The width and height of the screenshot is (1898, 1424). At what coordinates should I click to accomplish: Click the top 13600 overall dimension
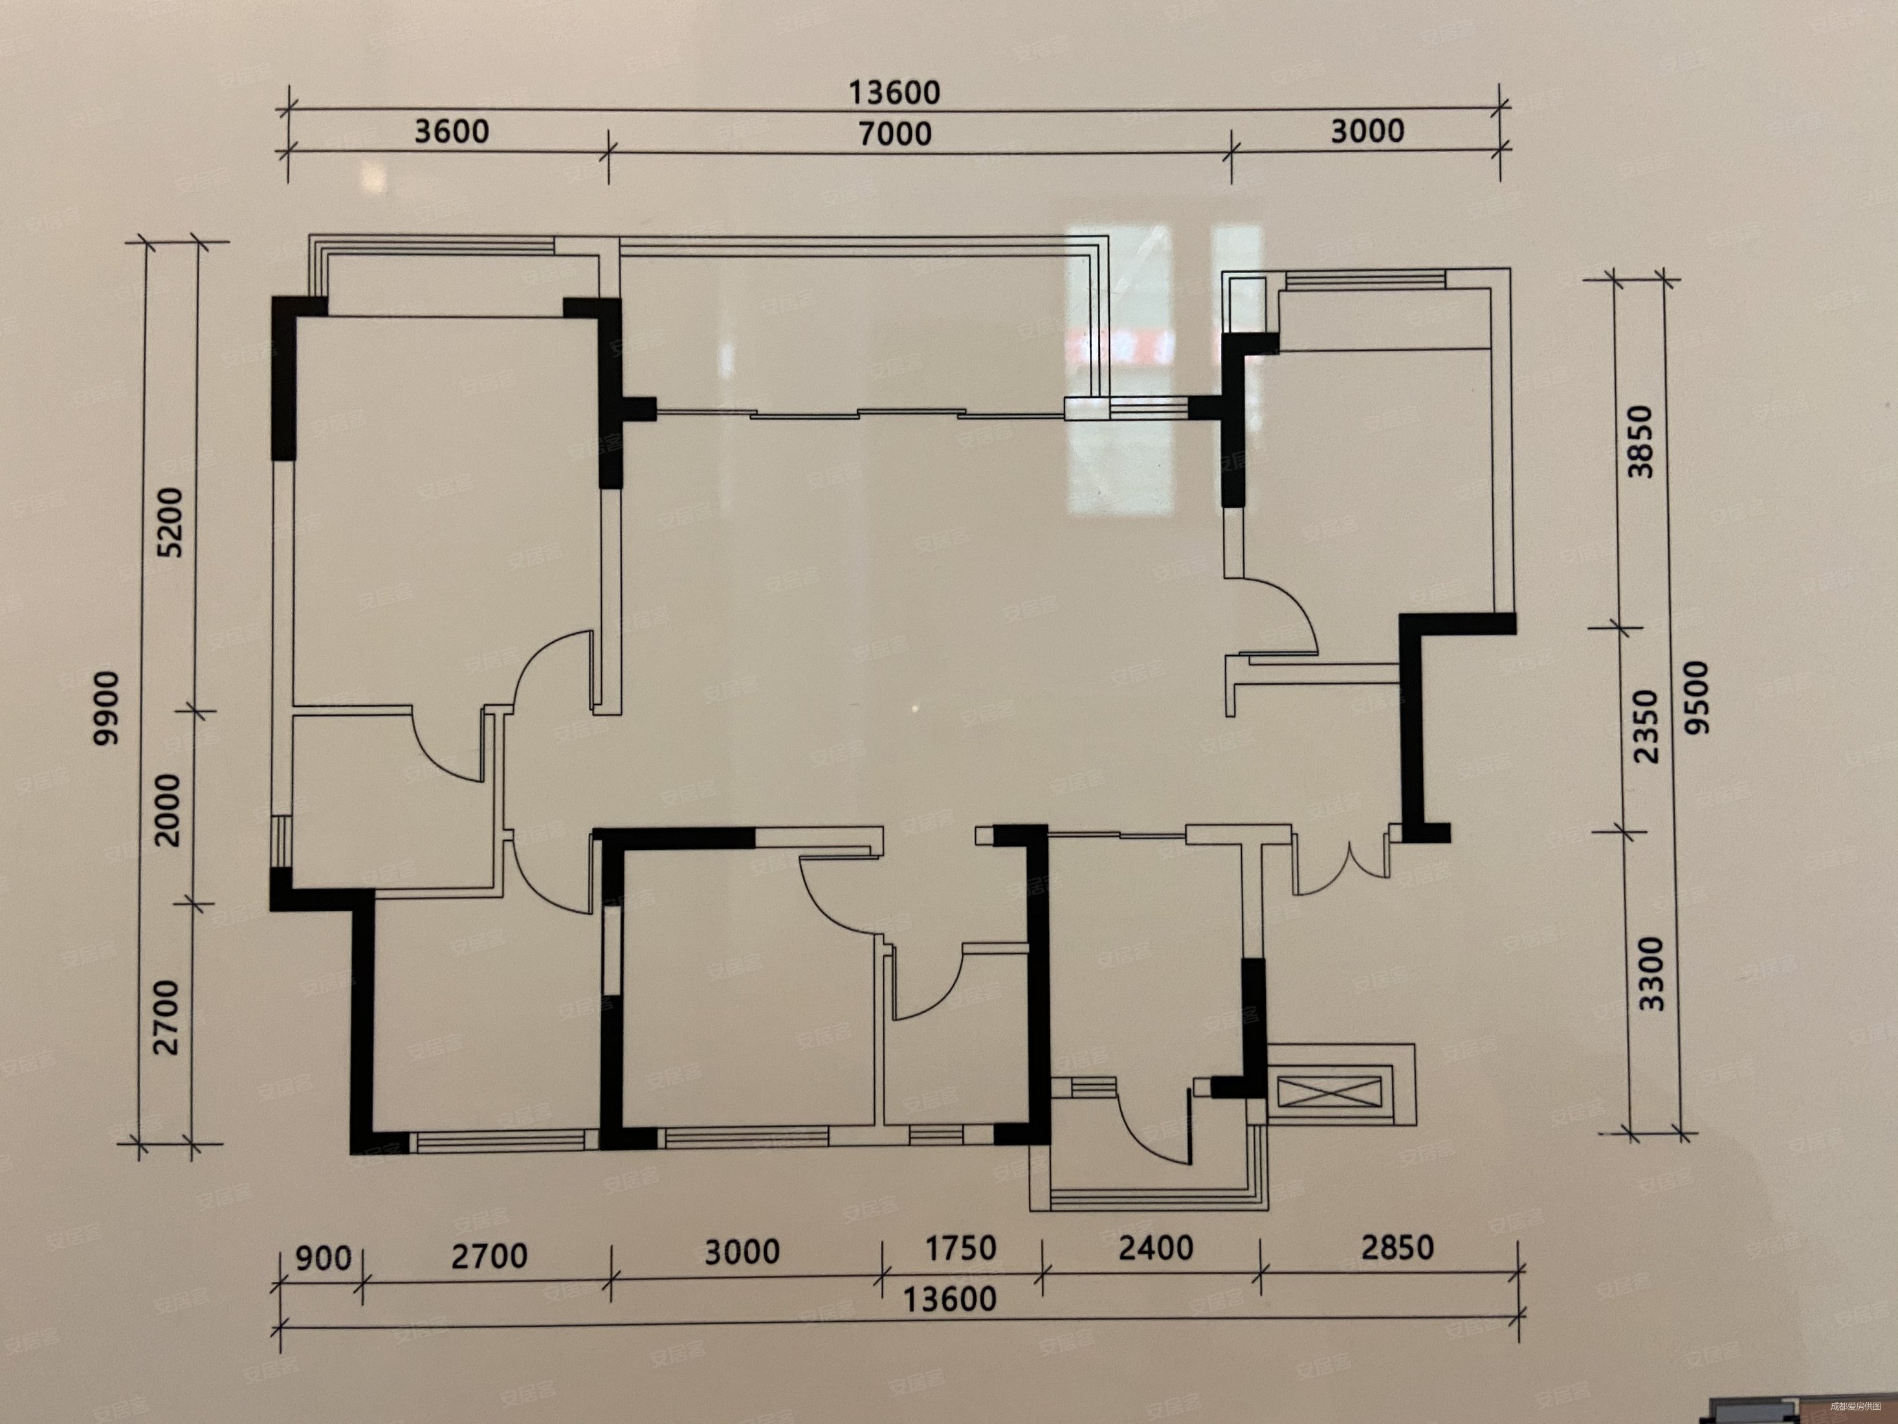pyautogui.click(x=894, y=93)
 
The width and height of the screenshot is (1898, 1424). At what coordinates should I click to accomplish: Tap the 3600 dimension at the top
pyautogui.click(x=451, y=131)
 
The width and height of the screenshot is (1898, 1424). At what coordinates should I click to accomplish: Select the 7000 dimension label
pyautogui.click(x=894, y=133)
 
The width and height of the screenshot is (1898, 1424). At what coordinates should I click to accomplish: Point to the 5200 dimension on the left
pyautogui.click(x=171, y=522)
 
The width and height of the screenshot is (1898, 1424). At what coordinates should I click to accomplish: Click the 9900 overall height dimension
pyautogui.click(x=108, y=708)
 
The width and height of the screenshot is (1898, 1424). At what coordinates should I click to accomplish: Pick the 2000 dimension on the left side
pyautogui.click(x=169, y=810)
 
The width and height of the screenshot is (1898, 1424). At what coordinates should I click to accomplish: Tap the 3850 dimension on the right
pyautogui.click(x=1640, y=441)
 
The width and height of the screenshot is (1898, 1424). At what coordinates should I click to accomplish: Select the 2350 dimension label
pyautogui.click(x=1646, y=726)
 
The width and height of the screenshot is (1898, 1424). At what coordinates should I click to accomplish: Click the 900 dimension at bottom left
pyautogui.click(x=323, y=1258)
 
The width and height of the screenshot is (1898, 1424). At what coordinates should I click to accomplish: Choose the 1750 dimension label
pyautogui.click(x=960, y=1248)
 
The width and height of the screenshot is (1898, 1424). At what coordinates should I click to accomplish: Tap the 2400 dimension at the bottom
pyautogui.click(x=1155, y=1247)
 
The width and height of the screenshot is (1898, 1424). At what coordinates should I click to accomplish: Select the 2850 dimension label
pyautogui.click(x=1397, y=1247)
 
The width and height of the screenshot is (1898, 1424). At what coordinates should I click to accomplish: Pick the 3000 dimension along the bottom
pyautogui.click(x=742, y=1252)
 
